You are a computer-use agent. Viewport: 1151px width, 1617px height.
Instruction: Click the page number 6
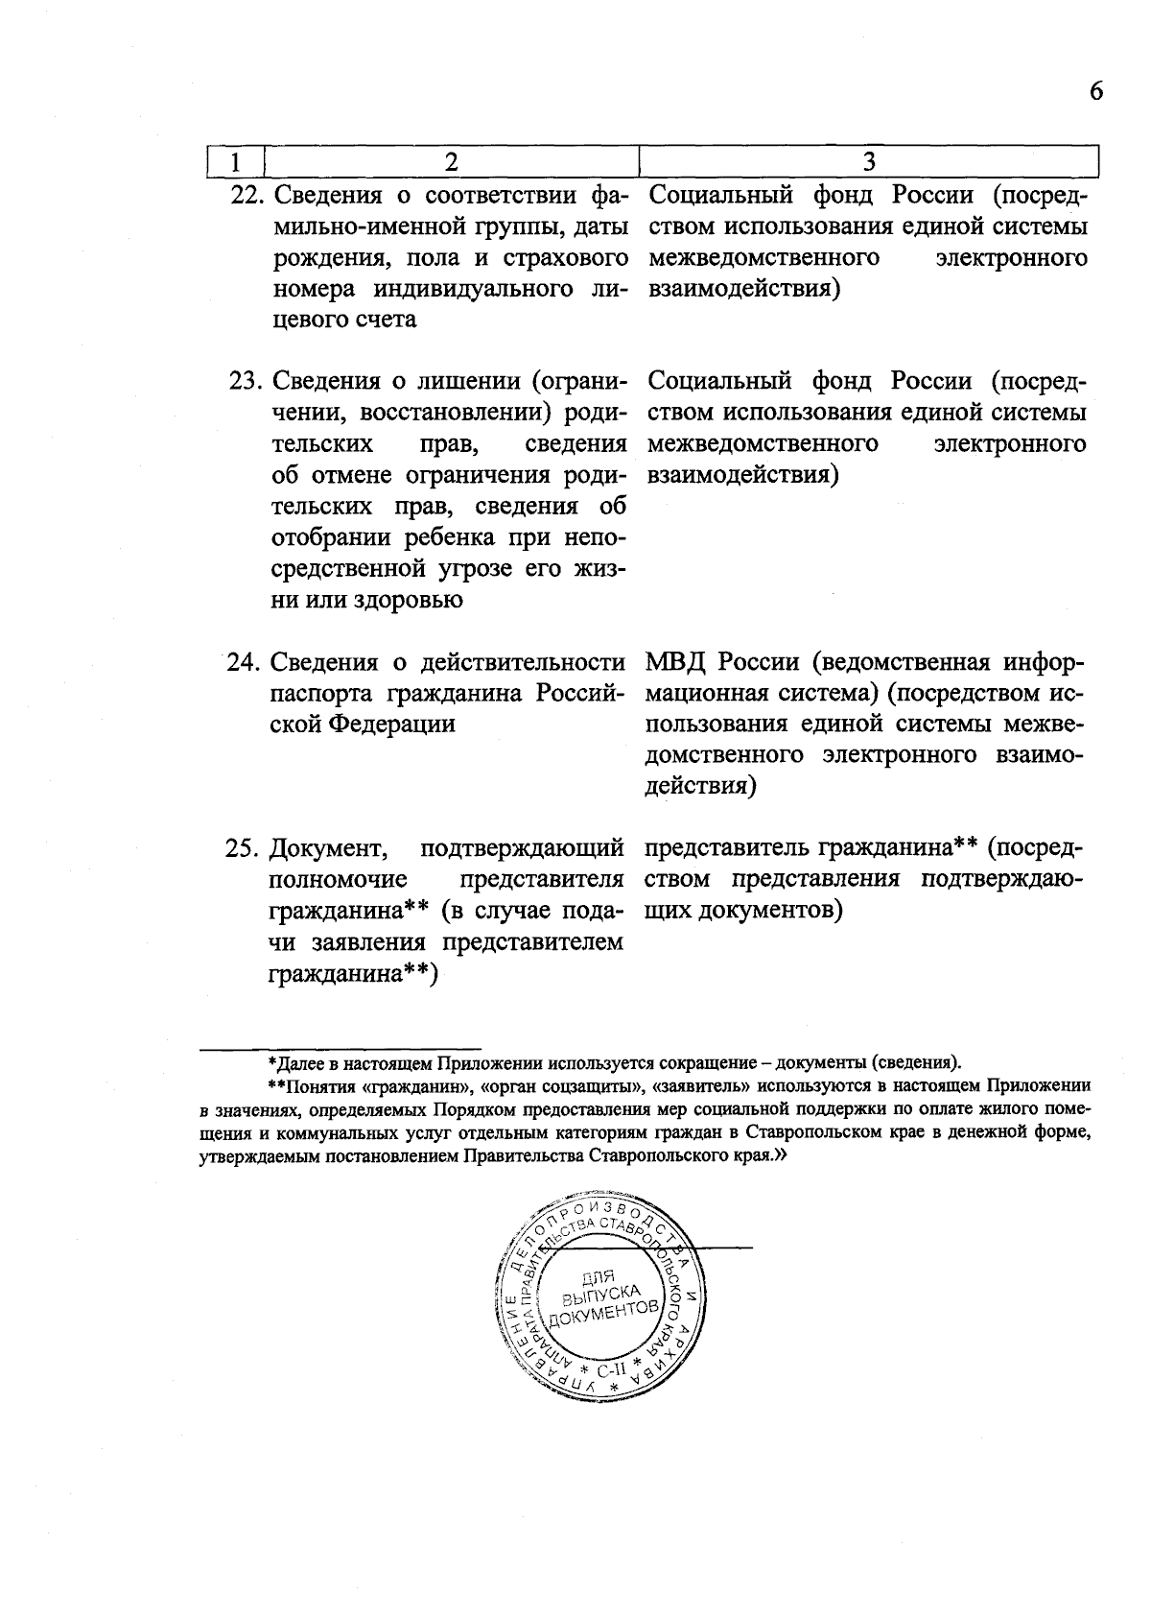click(x=1096, y=91)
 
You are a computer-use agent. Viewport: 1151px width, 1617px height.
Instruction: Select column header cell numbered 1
click(x=235, y=162)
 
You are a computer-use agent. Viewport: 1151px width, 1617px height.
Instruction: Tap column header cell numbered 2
click(x=451, y=162)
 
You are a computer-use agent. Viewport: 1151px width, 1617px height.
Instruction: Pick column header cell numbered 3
click(x=869, y=162)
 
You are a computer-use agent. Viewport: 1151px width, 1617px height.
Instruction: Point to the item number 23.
click(x=247, y=382)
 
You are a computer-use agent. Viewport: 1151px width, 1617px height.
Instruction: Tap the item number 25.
click(x=246, y=849)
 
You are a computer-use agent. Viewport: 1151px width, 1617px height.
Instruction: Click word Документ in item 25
click(x=327, y=849)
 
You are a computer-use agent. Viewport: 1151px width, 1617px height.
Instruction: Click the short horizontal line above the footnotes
click(x=340, y=1047)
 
